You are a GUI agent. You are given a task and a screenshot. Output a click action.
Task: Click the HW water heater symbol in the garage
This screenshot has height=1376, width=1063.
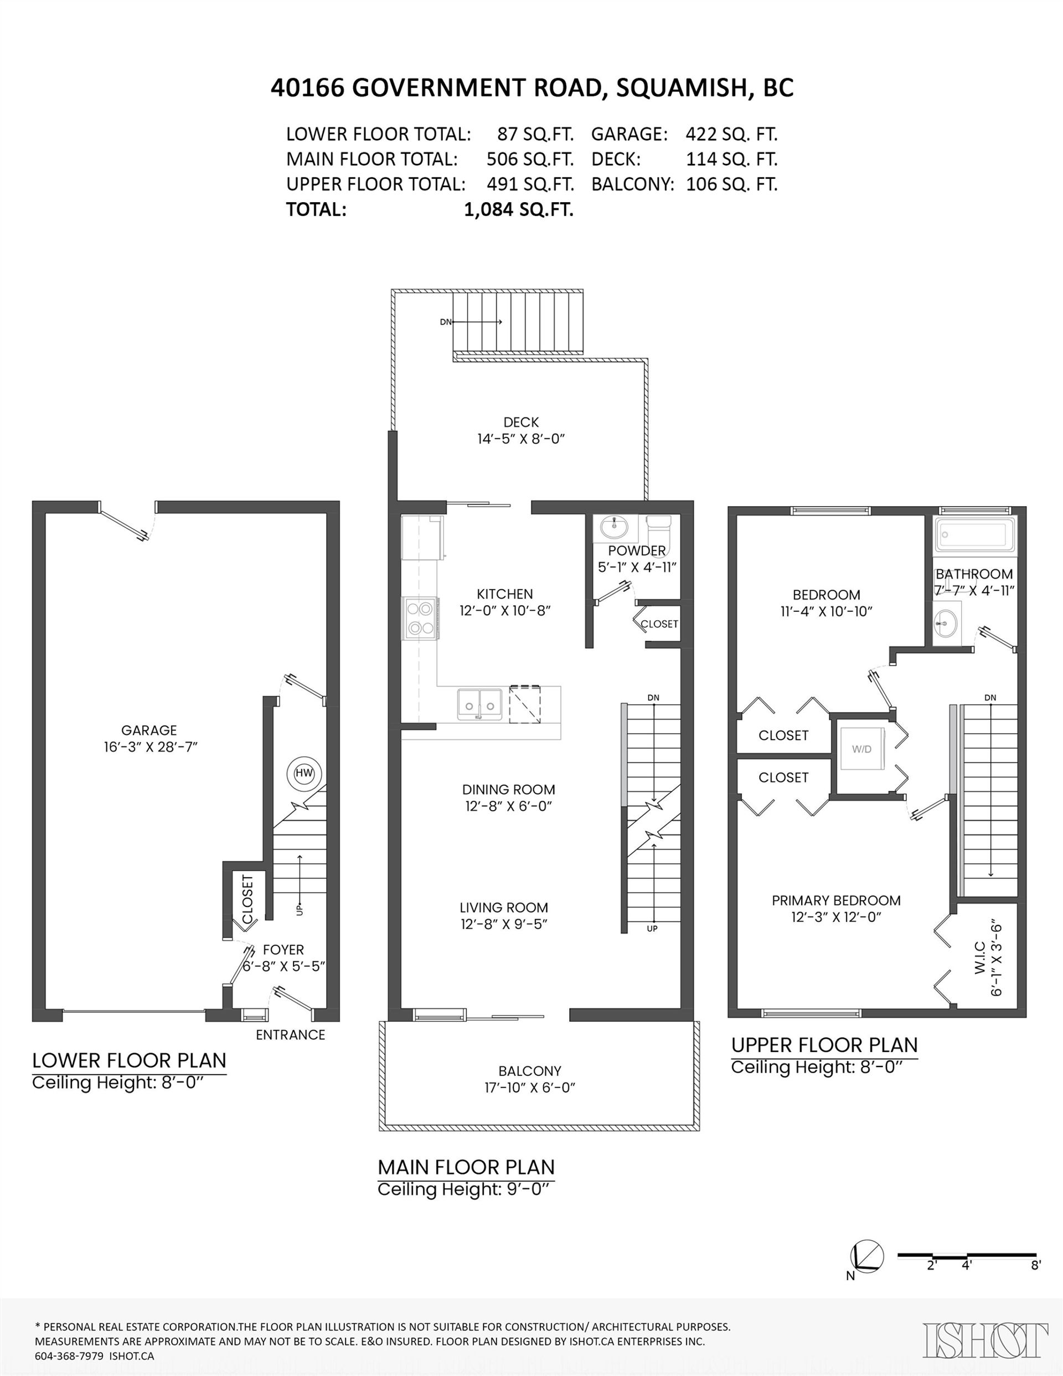(305, 774)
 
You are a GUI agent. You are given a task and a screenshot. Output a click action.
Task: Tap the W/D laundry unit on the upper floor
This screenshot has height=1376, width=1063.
(862, 749)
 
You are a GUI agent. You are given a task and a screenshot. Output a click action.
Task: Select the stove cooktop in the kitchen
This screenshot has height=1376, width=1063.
(420, 618)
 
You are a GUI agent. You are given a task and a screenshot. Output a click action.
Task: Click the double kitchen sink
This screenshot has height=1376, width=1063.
(479, 704)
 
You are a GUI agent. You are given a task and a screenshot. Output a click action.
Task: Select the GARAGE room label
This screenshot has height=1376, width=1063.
(149, 730)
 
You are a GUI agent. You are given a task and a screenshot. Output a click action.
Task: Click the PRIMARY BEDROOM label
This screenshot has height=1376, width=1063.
(836, 900)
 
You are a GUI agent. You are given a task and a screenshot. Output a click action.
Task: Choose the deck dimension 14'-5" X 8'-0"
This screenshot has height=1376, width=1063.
(521, 439)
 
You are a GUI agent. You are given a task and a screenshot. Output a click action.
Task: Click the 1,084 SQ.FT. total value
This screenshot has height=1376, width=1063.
(519, 209)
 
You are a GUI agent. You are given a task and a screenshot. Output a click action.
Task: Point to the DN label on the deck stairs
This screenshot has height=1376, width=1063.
(446, 322)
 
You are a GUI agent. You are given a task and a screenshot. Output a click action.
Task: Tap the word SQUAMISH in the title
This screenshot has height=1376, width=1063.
(681, 88)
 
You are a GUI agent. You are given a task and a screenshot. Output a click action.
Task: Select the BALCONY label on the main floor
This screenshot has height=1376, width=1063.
(530, 1070)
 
